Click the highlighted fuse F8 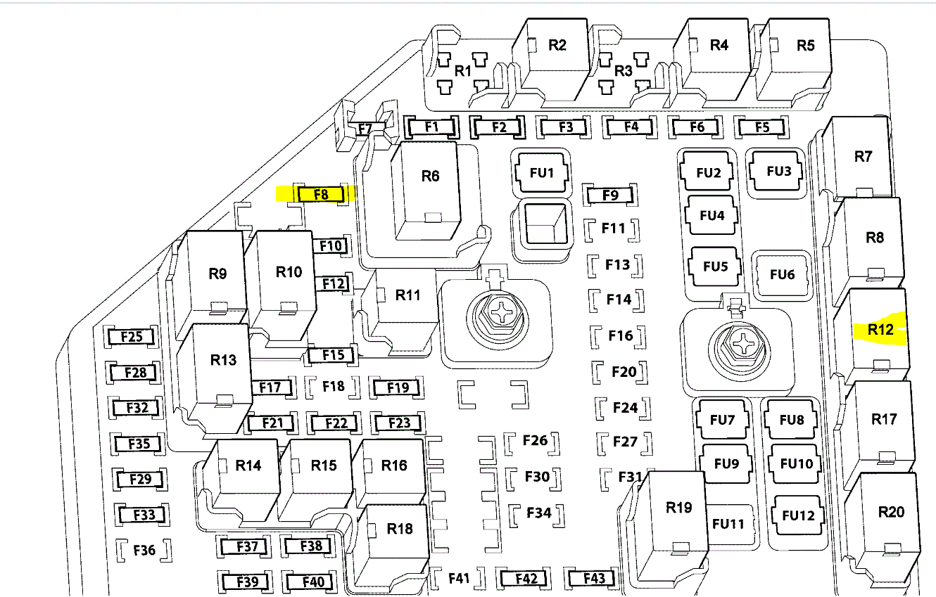[x=321, y=194]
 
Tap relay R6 [x=430, y=184]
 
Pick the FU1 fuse [x=541, y=173]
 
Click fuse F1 [x=431, y=127]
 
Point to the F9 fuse [x=610, y=195]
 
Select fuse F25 [x=132, y=337]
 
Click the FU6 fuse [x=782, y=274]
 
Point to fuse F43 [x=594, y=578]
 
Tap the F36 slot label [x=144, y=550]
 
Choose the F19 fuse [x=398, y=387]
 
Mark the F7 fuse [x=365, y=129]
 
